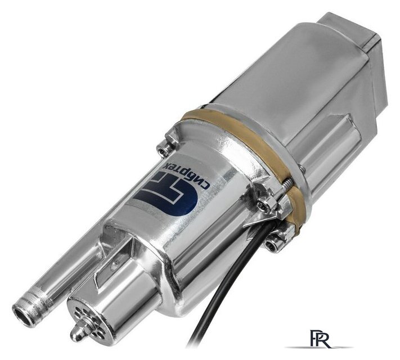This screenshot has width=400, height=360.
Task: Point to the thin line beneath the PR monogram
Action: point(319,347)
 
